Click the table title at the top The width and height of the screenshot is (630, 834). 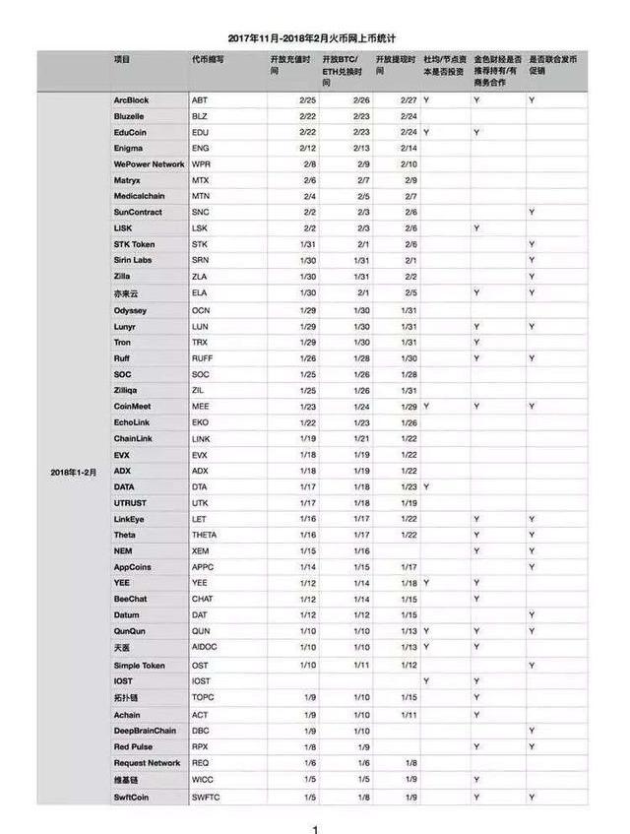coord(312,37)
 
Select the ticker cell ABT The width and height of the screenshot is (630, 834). coord(200,100)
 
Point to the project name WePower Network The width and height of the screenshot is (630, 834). coord(149,164)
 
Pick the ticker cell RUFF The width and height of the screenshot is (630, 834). coord(203,358)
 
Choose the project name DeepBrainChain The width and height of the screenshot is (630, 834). coord(146,731)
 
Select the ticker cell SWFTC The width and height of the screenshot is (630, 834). coord(207,796)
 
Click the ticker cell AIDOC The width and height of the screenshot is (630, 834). coord(205,649)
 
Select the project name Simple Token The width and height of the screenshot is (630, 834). coord(140,666)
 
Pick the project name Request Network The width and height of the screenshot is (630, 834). coord(148,763)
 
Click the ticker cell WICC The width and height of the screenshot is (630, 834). coord(202,780)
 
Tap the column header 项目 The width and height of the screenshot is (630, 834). coord(122,60)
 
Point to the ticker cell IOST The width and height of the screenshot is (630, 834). coord(202,681)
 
